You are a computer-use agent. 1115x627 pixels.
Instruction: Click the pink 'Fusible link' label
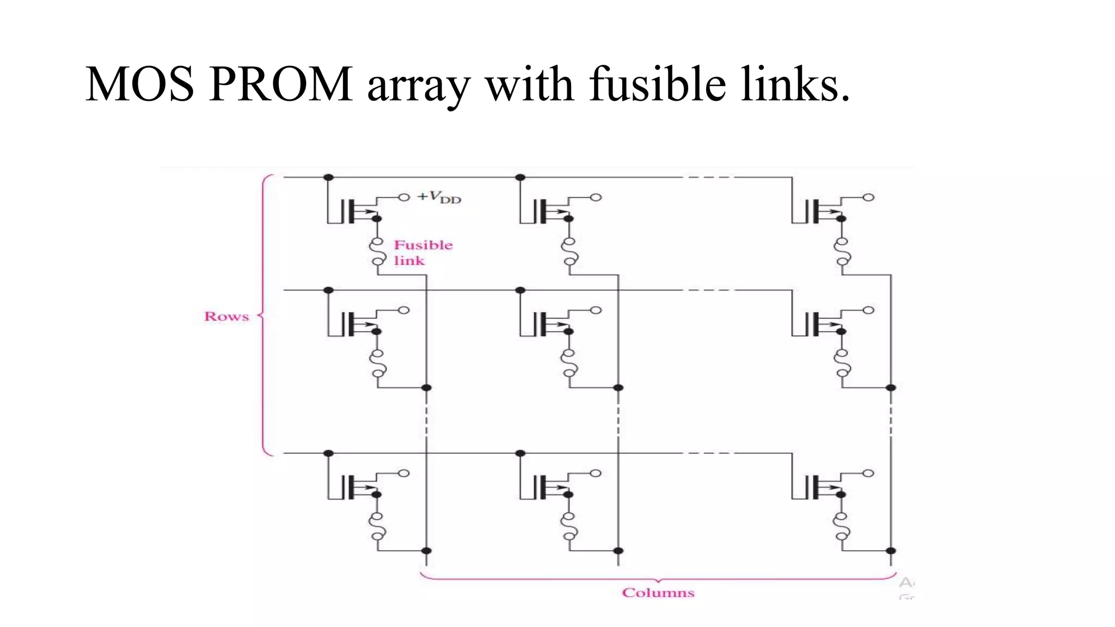point(422,253)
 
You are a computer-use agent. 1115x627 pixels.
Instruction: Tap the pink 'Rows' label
point(226,316)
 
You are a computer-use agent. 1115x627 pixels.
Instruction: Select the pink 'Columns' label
point(658,593)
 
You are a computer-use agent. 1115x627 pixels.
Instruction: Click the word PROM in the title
point(280,84)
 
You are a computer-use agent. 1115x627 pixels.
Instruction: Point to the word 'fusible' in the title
point(657,84)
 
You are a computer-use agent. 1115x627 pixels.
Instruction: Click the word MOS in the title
point(140,84)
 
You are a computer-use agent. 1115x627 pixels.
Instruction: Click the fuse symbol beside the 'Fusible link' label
point(377,252)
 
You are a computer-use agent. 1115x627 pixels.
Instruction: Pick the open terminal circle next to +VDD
point(403,197)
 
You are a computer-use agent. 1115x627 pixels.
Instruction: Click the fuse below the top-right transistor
point(842,251)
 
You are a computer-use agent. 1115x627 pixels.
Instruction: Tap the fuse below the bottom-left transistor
point(377,526)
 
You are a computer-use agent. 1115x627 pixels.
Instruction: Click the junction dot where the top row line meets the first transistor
point(328,177)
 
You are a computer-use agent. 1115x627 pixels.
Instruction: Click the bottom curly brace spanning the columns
point(658,579)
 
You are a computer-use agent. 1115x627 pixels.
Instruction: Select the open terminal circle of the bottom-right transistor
point(868,473)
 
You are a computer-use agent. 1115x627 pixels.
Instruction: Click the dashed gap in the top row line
point(708,177)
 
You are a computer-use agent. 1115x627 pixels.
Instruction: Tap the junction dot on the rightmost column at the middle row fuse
point(891,388)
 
